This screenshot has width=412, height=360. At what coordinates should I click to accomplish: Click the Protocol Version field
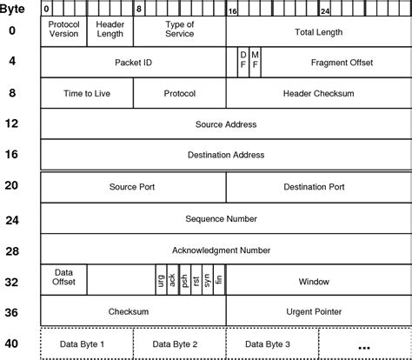tap(63, 31)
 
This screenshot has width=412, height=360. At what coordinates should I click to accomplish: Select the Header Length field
tap(110, 31)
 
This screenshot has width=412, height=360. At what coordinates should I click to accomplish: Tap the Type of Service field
tap(179, 31)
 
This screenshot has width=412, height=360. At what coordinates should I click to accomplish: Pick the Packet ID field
tap(133, 63)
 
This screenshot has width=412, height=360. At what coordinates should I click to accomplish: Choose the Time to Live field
tap(86, 93)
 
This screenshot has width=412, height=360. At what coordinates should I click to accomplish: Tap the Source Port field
tap(133, 187)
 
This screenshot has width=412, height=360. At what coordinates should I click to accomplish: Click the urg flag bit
tap(161, 281)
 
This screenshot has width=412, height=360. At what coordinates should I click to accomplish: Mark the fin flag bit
tap(219, 281)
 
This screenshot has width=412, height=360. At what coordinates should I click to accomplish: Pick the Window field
tap(313, 282)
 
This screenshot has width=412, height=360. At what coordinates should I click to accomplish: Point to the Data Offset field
tap(63, 277)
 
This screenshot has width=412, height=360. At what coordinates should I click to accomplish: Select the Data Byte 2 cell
tap(179, 343)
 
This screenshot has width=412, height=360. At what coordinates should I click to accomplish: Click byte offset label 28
tap(11, 250)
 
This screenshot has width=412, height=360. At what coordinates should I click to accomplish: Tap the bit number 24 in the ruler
tap(325, 11)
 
